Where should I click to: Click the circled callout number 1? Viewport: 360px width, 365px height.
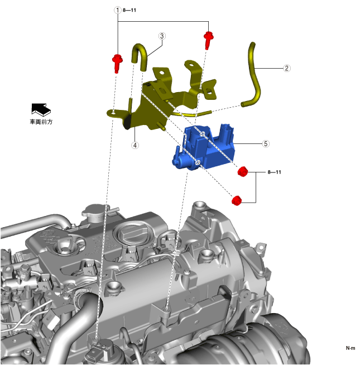[117, 10]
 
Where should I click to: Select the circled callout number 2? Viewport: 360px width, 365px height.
[287, 68]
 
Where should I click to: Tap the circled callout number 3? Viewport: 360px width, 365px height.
[162, 36]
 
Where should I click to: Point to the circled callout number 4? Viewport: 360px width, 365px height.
[135, 145]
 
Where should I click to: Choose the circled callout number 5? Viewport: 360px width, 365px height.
[266, 143]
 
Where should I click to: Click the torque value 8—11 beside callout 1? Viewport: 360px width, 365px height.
[129, 10]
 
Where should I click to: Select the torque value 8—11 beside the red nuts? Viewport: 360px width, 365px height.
[274, 172]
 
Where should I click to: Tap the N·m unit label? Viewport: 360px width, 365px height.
[351, 348]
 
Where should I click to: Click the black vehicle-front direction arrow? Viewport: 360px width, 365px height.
[41, 109]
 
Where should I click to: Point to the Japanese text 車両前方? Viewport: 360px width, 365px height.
[41, 122]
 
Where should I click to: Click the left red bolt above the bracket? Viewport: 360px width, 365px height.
[117, 63]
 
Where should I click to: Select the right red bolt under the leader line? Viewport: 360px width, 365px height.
[208, 40]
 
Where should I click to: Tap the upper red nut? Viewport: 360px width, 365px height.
[243, 171]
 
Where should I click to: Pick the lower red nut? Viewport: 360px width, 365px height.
[237, 201]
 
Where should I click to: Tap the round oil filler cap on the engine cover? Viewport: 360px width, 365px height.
[130, 233]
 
